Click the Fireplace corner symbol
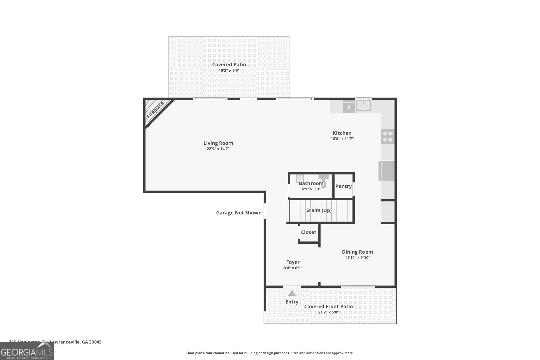(155, 110)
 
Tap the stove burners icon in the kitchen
(388, 136)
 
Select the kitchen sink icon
(363, 106)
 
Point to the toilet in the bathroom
(323, 181)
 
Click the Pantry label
(344, 186)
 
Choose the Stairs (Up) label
(319, 210)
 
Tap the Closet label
(308, 232)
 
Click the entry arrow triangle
(292, 293)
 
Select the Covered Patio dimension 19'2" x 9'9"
(229, 71)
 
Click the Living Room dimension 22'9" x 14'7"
(218, 149)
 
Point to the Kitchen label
(342, 133)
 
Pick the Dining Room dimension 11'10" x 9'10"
(357, 258)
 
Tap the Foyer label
(293, 262)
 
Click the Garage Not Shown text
(239, 212)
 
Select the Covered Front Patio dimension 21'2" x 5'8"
(328, 312)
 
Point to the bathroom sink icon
(300, 178)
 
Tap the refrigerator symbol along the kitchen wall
(387, 170)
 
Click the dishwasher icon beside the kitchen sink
(349, 106)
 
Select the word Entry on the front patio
(292, 302)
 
